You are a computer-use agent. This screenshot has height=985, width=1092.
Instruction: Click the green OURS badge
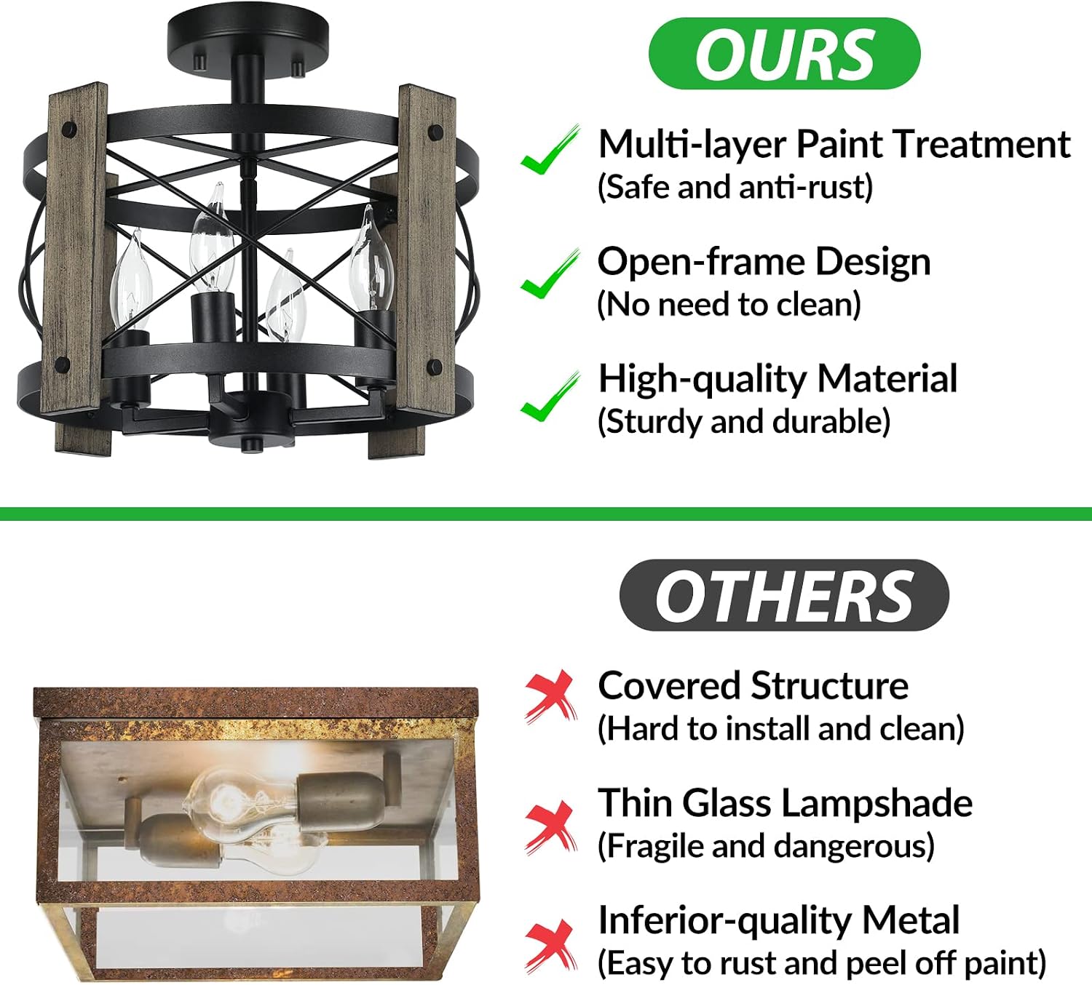click(784, 53)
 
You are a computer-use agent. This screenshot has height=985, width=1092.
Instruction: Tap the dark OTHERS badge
click(784, 595)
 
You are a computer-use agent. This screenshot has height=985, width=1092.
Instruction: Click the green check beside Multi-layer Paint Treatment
click(550, 150)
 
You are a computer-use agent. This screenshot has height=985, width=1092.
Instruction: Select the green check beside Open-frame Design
click(550, 274)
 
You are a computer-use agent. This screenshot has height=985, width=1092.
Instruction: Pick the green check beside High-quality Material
click(550, 396)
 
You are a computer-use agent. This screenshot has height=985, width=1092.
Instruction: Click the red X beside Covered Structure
click(550, 697)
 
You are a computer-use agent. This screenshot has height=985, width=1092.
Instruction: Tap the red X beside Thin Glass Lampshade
click(550, 827)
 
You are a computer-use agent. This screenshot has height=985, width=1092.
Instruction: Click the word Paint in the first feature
click(841, 144)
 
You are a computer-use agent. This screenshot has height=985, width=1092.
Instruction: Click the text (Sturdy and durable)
click(744, 422)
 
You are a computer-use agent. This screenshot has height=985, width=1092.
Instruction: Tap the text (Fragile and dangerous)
click(766, 846)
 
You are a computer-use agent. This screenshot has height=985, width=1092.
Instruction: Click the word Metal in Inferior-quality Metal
click(911, 921)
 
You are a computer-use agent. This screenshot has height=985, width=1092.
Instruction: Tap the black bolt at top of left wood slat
click(70, 130)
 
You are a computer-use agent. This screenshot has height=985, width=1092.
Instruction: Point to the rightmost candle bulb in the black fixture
click(372, 260)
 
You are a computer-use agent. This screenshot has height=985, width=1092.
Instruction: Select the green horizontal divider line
click(546, 514)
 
